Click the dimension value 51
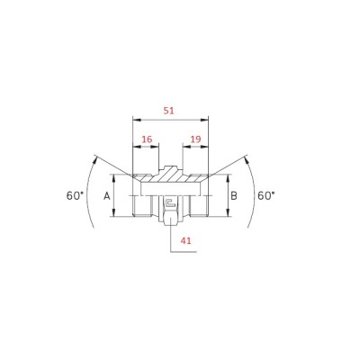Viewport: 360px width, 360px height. pos(168,111)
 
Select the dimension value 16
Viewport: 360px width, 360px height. pos(147,139)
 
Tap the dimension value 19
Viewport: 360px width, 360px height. pos(195,139)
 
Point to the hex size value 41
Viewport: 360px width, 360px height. pos(185,240)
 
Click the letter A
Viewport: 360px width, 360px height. pos(107,196)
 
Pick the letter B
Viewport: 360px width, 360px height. pos(234,196)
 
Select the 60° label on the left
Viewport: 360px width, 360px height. pos(75,196)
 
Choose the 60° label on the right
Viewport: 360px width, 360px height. pos(266,196)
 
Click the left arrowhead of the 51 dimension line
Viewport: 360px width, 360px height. pos(137,120)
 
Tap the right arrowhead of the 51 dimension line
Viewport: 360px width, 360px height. pos(204,120)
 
